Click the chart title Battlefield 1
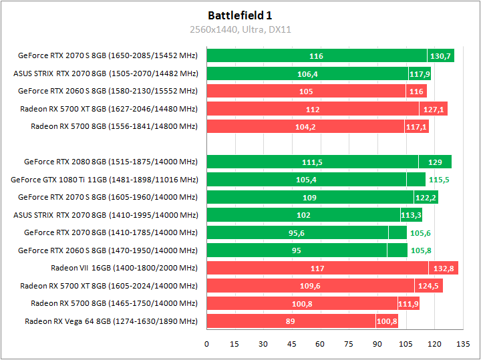pos(240,15)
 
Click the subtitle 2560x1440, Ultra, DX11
pos(240,29)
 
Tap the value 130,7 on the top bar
pos(441,56)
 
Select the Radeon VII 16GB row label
pos(124,268)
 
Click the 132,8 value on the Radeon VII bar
pos(444,268)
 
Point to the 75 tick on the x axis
pos(349,344)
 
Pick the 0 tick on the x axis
pos(207,344)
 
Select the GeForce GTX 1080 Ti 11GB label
pos(104,180)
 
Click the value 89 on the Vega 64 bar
pos(291,322)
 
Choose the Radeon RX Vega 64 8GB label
pos(111,322)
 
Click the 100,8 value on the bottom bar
pos(387,322)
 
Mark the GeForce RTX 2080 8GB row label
pos(111,162)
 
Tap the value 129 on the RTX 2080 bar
pos(435,162)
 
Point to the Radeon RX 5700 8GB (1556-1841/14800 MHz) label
pos(114,127)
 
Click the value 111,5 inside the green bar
pos(313,162)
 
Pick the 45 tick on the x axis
pos(292,344)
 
